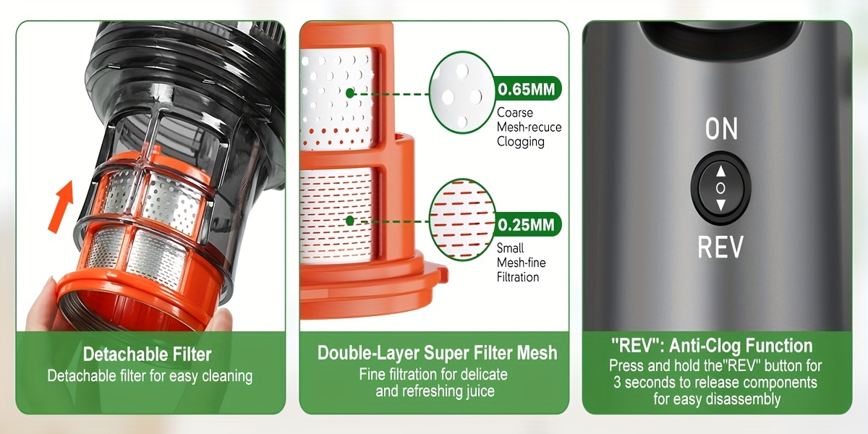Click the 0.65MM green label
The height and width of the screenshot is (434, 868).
528,89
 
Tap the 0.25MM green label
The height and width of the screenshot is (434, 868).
528,224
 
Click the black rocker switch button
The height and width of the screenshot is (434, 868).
720,188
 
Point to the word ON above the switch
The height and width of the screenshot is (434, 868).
721,129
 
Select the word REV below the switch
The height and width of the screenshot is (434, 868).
720,247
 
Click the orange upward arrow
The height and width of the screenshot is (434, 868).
61,207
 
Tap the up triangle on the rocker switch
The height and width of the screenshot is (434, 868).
720,171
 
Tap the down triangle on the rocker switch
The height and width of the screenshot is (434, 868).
720,205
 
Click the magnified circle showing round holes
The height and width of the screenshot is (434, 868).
462,93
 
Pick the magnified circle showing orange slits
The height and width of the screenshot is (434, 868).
462,220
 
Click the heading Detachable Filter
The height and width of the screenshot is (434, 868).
148,354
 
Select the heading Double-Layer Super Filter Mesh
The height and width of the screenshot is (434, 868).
437,353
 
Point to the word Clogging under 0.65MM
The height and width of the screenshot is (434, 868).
520,142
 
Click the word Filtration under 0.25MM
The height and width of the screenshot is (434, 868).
518,277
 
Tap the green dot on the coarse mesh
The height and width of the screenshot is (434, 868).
350,93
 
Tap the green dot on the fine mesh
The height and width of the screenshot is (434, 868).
350,221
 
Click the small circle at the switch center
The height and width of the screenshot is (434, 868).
720,188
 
